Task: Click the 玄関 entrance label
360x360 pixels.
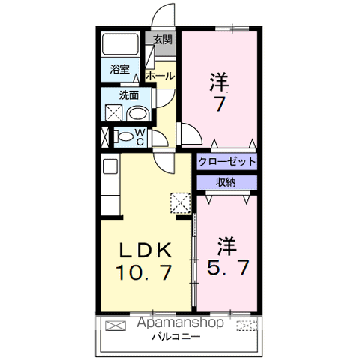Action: click(163, 40)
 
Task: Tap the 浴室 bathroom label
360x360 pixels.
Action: click(119, 69)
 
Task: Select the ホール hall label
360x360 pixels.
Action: click(160, 76)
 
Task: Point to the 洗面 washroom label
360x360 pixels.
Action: click(129, 95)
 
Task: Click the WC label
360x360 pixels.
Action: click(140, 136)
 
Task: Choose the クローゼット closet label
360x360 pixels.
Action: click(227, 162)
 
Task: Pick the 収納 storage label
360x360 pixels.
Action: click(226, 182)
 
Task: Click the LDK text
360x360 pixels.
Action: click(145, 250)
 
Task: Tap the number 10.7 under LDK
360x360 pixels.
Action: click(144, 272)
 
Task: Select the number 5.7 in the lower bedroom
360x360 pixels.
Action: click(228, 267)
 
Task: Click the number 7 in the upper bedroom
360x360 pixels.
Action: click(220, 103)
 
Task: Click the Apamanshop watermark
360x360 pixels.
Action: click(181, 322)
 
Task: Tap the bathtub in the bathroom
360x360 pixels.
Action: click(120, 44)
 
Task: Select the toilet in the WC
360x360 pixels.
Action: click(124, 136)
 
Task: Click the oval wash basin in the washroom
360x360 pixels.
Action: click(138, 114)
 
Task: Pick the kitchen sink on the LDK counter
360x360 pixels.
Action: click(110, 166)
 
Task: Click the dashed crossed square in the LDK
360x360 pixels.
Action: click(181, 203)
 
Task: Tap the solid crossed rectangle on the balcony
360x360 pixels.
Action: click(115, 325)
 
